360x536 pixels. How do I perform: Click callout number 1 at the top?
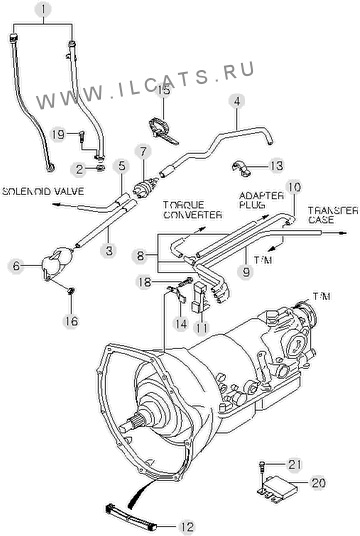click(43, 10)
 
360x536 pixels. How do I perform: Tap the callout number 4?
click(237, 100)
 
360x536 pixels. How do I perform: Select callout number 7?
click(143, 151)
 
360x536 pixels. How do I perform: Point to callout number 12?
click(187, 526)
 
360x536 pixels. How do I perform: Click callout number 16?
click(71, 321)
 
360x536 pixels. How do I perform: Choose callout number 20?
click(318, 483)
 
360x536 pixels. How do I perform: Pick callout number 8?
click(140, 255)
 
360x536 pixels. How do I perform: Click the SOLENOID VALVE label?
click(43, 191)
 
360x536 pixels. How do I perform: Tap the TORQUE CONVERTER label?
click(192, 210)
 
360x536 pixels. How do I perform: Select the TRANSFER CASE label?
click(333, 215)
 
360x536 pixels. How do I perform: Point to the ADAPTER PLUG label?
click(261, 200)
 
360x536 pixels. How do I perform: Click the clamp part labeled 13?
click(241, 168)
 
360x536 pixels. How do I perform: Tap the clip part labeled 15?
click(163, 131)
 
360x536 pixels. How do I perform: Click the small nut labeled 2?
click(100, 168)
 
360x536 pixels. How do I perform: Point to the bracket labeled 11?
click(200, 298)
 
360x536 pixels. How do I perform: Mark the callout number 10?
click(294, 188)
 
